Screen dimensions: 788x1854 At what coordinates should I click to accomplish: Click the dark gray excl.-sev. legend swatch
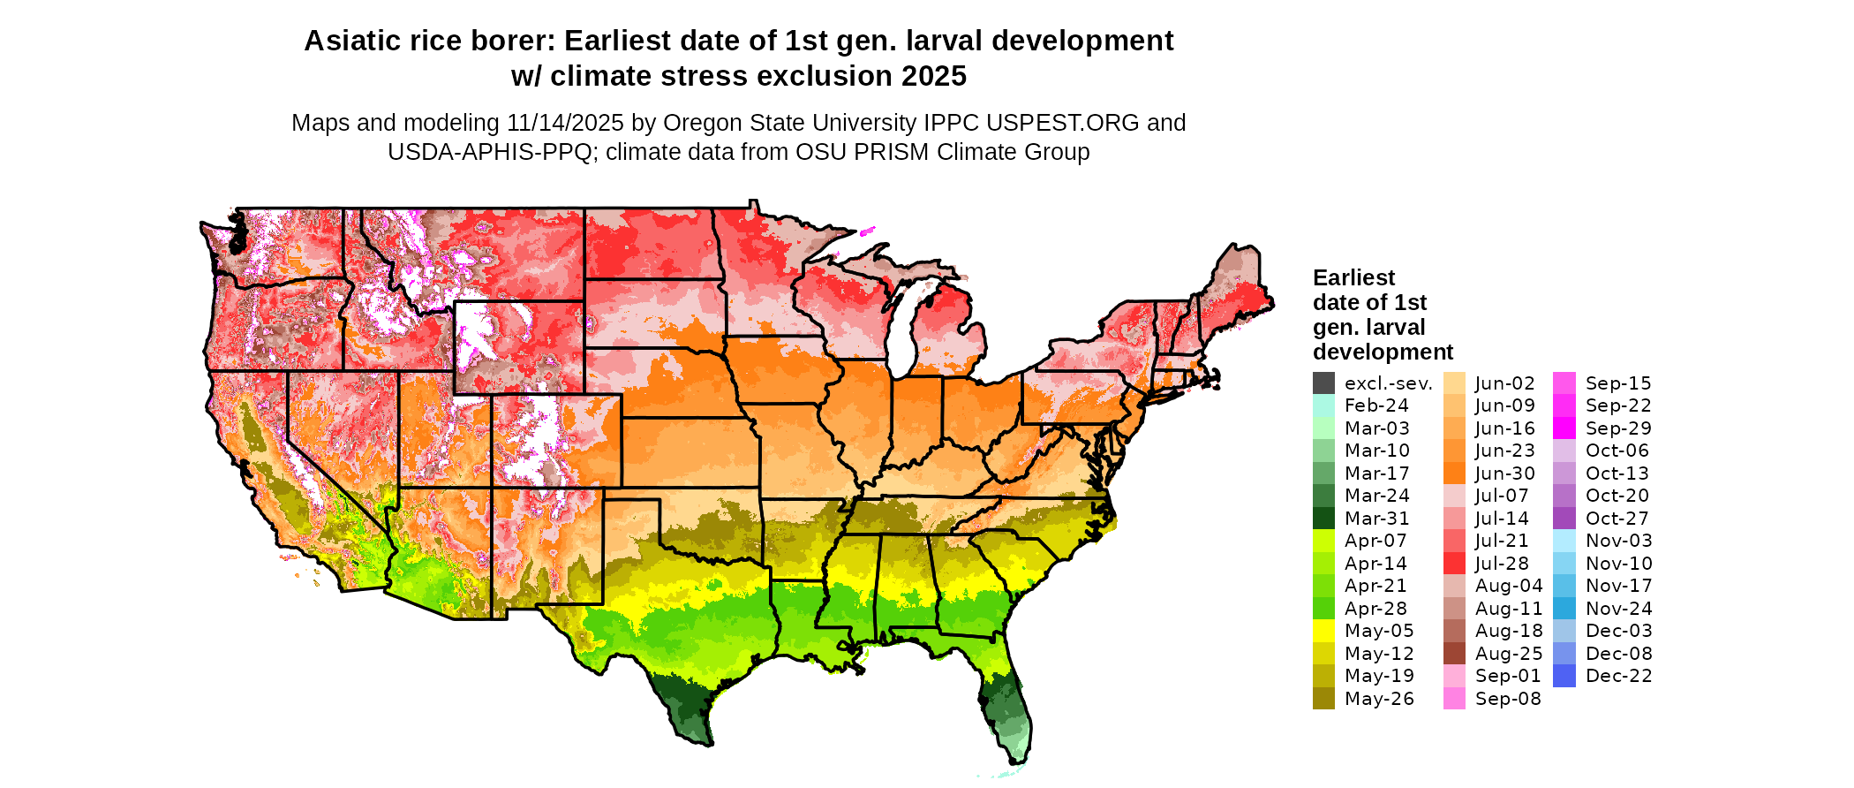pos(1323,383)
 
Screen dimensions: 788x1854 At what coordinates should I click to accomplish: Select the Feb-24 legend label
pos(1376,405)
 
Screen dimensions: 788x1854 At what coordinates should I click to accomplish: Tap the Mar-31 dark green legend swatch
pos(1323,519)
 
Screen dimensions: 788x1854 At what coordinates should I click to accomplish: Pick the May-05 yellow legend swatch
pos(1323,631)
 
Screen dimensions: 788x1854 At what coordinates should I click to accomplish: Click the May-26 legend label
pos(1379,699)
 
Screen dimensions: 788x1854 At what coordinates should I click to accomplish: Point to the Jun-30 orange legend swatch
pos(1454,474)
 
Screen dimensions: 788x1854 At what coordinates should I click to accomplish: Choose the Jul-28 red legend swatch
pos(1454,564)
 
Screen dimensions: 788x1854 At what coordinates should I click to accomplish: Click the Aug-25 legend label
pos(1509,654)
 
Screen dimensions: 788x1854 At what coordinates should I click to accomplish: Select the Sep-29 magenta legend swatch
pos(1564,428)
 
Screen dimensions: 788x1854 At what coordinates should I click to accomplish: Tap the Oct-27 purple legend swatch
pos(1564,519)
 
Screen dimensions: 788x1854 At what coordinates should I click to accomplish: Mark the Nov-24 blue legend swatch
pos(1564,609)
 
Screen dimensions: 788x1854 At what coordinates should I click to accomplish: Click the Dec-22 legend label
pos(1618,676)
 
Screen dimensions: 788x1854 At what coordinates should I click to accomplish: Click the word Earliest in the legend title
pos(1353,278)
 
